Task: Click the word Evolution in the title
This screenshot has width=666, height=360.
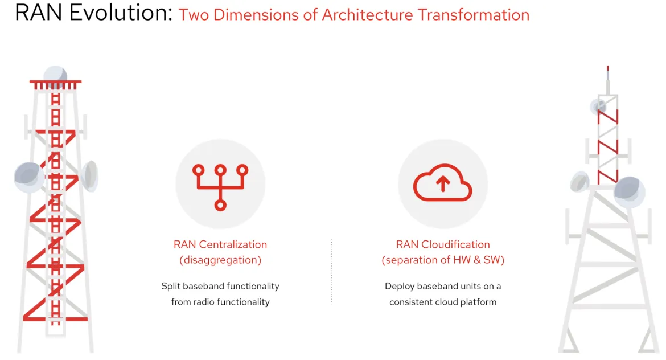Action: pyautogui.click(x=121, y=13)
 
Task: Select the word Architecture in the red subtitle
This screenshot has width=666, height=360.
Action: pyautogui.click(x=367, y=15)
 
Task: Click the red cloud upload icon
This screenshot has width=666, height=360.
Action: pyautogui.click(x=443, y=182)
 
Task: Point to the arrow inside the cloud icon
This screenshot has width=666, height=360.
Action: pyautogui.click(x=443, y=183)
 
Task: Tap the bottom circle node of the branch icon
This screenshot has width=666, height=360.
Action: pyautogui.click(x=220, y=205)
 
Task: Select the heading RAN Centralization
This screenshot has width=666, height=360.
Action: pyautogui.click(x=220, y=244)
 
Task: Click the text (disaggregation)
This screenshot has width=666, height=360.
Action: pyautogui.click(x=220, y=260)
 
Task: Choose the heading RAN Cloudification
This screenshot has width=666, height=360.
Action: pyautogui.click(x=443, y=244)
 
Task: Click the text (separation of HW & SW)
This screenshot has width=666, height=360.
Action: pyautogui.click(x=443, y=260)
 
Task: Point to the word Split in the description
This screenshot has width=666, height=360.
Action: pyautogui.click(x=171, y=287)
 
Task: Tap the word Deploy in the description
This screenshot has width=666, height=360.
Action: pyautogui.click(x=399, y=287)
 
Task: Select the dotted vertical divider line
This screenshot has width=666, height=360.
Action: pyautogui.click(x=332, y=272)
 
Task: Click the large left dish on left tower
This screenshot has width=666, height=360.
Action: pyautogui.click(x=28, y=177)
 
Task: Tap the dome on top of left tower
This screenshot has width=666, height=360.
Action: pyautogui.click(x=55, y=73)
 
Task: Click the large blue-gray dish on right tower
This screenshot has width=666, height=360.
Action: pyautogui.click(x=629, y=192)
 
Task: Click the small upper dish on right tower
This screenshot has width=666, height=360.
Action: pyautogui.click(x=598, y=107)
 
